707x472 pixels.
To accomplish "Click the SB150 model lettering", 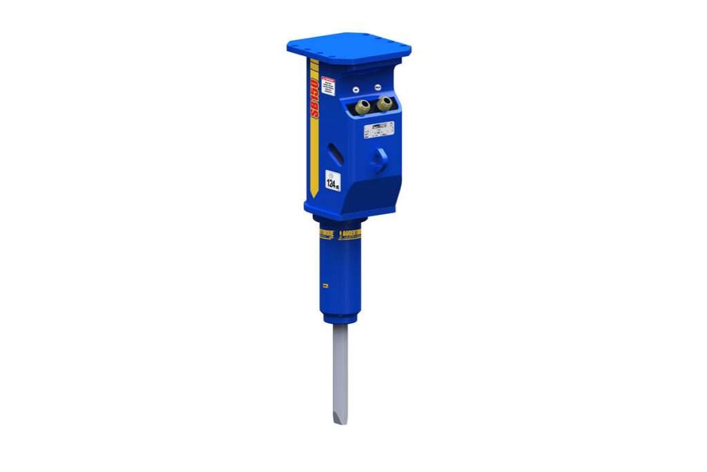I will point(316,99).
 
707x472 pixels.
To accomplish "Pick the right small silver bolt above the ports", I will point(379,86).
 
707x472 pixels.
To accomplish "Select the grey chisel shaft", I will point(341,366).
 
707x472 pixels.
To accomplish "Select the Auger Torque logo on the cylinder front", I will point(349,235).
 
